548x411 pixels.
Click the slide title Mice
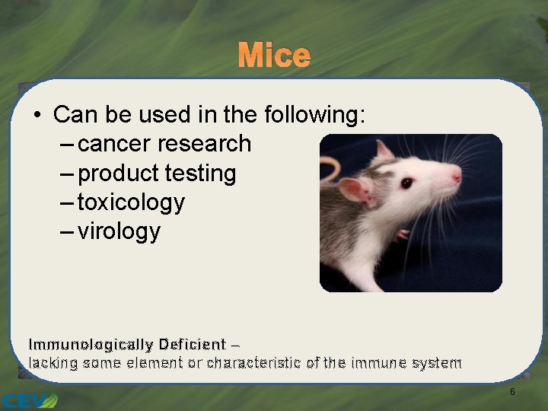pyautogui.click(x=274, y=56)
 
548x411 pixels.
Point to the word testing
pyautogui.click(x=200, y=174)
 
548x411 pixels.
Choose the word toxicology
pyautogui.click(x=131, y=202)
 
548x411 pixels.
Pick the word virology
pyautogui.click(x=119, y=231)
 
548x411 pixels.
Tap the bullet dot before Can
pyautogui.click(x=37, y=116)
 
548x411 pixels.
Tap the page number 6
pyautogui.click(x=512, y=392)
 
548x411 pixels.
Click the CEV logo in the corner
pyautogui.click(x=29, y=399)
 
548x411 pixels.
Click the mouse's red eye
pyautogui.click(x=406, y=183)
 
